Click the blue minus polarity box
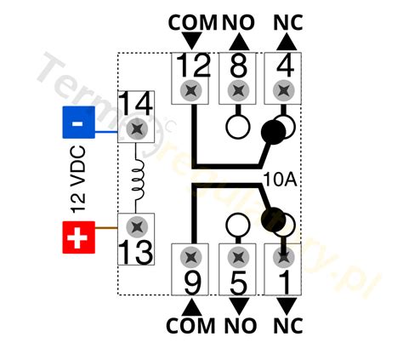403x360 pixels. pyautogui.click(x=78, y=123)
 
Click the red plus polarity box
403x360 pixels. pyautogui.click(x=78, y=237)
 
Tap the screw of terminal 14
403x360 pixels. pyautogui.click(x=137, y=129)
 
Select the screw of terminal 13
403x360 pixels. pyautogui.click(x=137, y=226)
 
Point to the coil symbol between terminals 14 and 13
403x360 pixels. pyautogui.click(x=139, y=180)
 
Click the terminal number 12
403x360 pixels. pyautogui.click(x=194, y=66)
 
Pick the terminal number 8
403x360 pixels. pyautogui.click(x=238, y=66)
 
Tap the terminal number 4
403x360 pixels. pyautogui.click(x=285, y=66)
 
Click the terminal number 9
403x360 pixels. pyautogui.click(x=193, y=282)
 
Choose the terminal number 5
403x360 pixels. pyautogui.click(x=238, y=283)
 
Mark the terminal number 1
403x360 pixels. pyautogui.click(x=284, y=282)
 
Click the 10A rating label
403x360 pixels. pyautogui.click(x=280, y=180)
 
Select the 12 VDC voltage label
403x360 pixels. pyautogui.click(x=78, y=180)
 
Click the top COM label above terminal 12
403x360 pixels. pyautogui.click(x=193, y=23)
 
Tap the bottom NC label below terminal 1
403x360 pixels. pyautogui.click(x=288, y=325)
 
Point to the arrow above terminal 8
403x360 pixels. pyautogui.click(x=239, y=42)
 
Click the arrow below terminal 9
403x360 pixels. pyautogui.click(x=192, y=307)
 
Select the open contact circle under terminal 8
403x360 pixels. pyautogui.click(x=238, y=127)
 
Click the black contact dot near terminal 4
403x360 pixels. pyautogui.click(x=274, y=132)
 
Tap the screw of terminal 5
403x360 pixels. pyautogui.click(x=239, y=257)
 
